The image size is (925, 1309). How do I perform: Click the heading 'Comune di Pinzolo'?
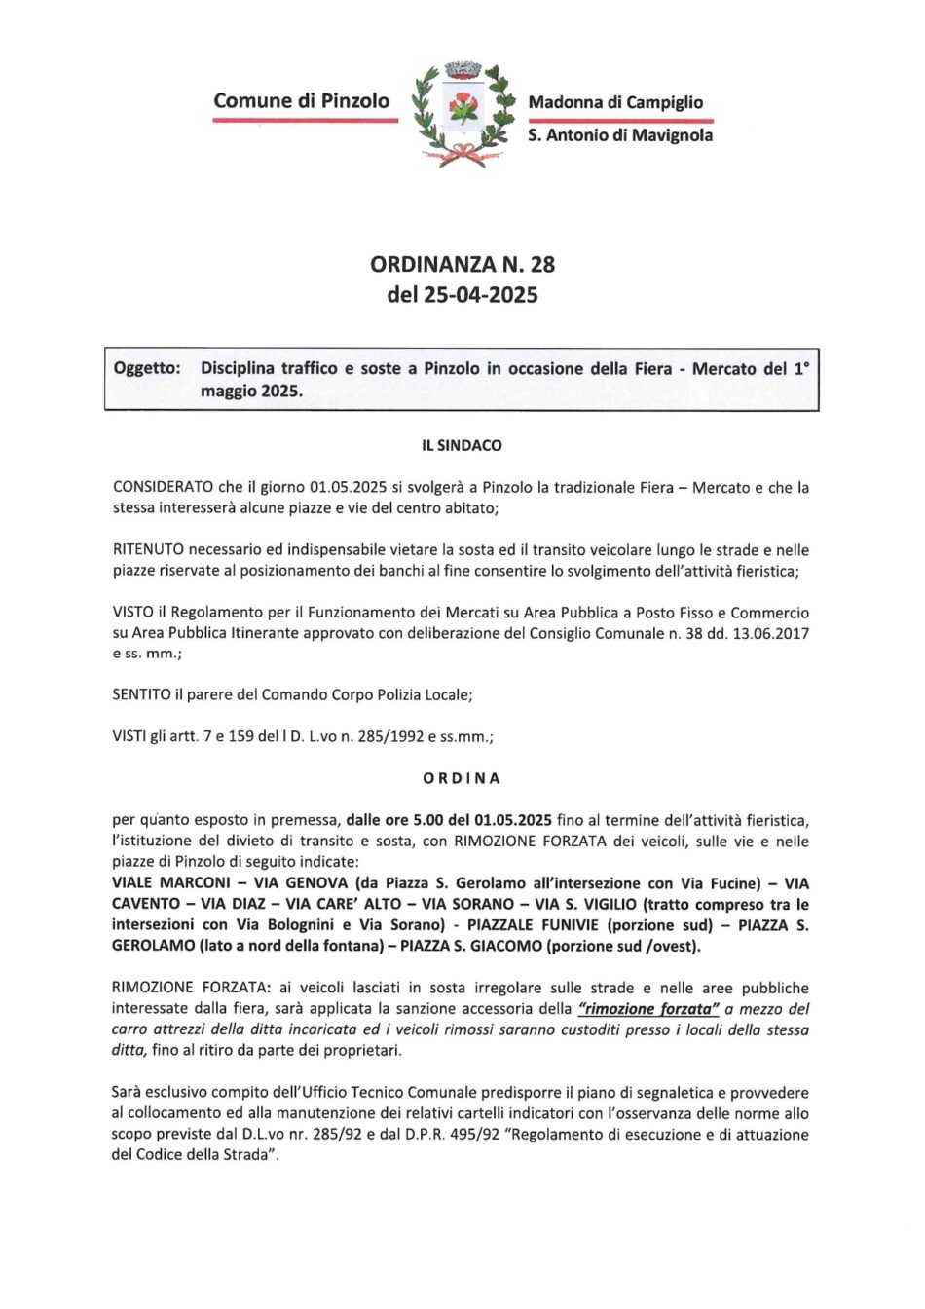click(x=302, y=100)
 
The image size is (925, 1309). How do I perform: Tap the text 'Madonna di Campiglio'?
click(x=615, y=102)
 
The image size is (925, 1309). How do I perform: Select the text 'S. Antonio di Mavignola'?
click(x=620, y=135)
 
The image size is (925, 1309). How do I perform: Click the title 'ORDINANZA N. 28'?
click(x=462, y=264)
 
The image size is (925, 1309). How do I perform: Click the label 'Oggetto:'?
click(x=147, y=369)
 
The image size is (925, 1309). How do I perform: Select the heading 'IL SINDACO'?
click(x=462, y=446)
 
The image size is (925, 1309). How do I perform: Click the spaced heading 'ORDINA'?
click(x=462, y=779)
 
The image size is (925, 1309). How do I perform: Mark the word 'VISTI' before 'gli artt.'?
click(x=132, y=737)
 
